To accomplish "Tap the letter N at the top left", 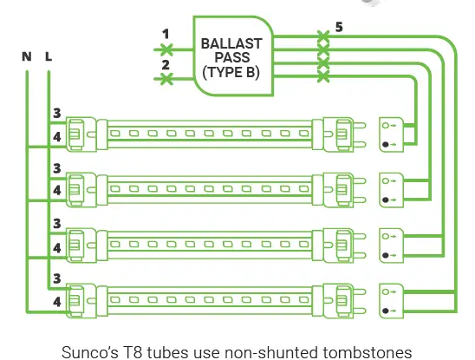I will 27,56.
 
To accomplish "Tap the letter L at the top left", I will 48,56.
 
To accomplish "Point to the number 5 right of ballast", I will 338,27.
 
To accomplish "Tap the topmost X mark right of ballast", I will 323,37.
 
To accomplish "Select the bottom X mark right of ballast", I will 323,76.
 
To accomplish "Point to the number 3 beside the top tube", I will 56,114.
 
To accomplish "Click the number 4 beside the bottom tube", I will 56,303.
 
